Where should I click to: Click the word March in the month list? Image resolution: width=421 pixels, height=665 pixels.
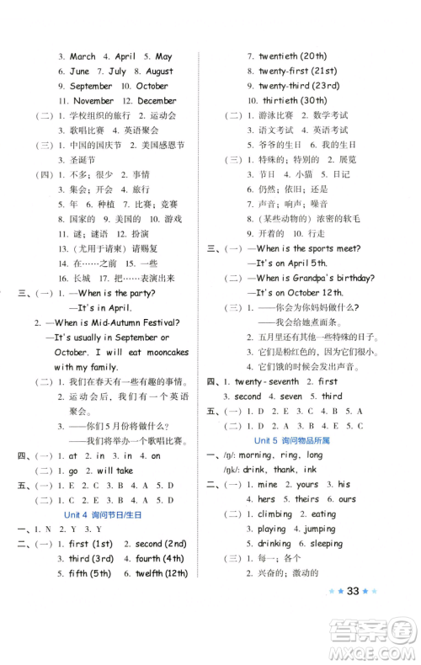(83, 56)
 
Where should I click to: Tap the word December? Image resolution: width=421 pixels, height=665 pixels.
(156, 100)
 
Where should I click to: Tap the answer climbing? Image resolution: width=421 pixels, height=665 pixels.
(274, 513)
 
